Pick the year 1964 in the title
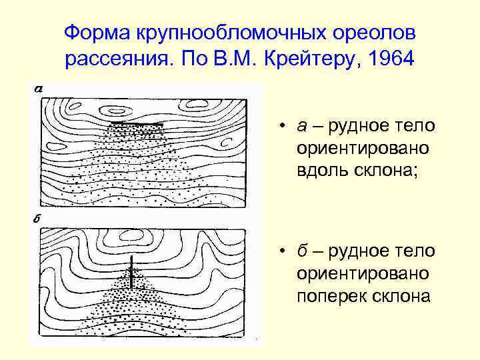[x=389, y=60]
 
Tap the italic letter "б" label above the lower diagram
[x=37, y=219]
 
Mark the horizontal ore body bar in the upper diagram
[x=137, y=125]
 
